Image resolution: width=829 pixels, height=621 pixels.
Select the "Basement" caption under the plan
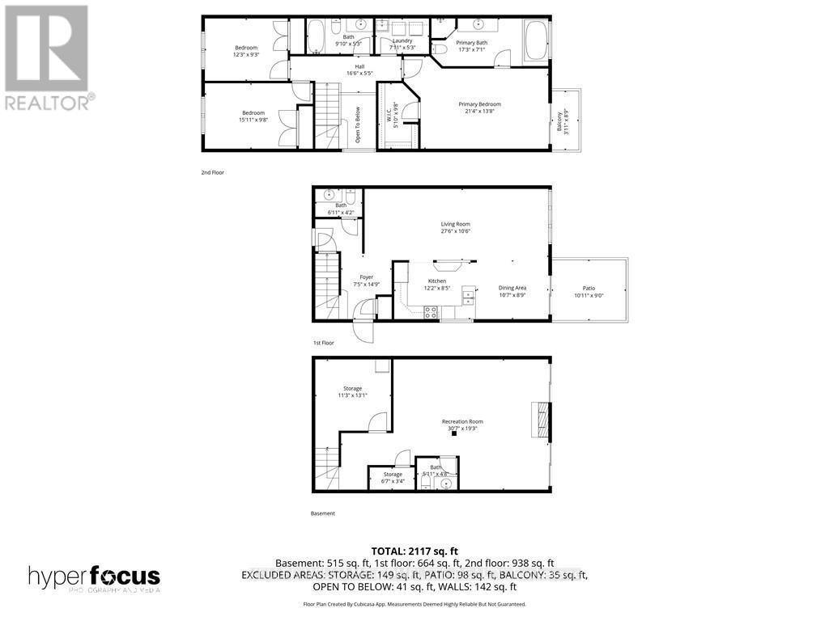point(322,513)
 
